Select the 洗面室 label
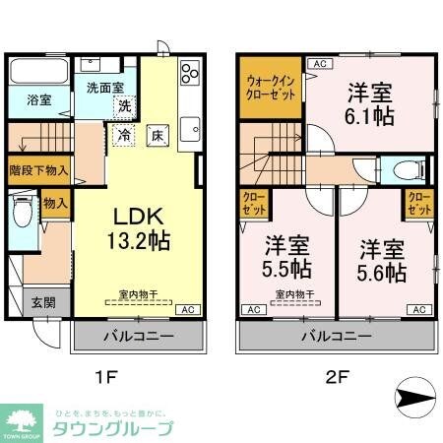(104, 87)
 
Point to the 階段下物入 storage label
(37, 169)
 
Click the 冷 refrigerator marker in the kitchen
(126, 135)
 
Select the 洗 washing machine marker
(125, 104)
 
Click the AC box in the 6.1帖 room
(318, 64)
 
